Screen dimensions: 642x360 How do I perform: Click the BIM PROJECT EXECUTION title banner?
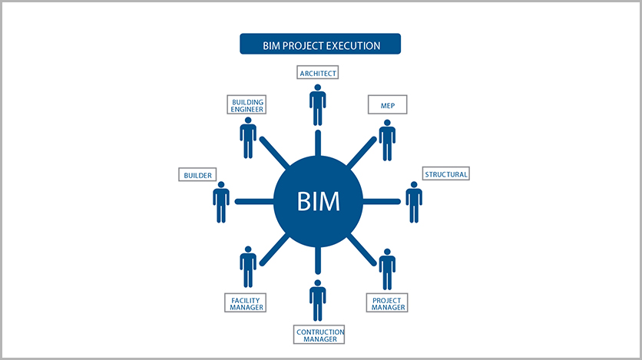click(x=320, y=44)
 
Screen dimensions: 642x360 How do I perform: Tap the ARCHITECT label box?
click(x=318, y=72)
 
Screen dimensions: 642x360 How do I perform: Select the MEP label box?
click(x=387, y=104)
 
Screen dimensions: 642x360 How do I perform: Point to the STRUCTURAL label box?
click(x=446, y=173)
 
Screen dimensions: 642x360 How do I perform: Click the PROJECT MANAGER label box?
click(x=387, y=303)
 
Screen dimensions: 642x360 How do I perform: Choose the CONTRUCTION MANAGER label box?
click(x=319, y=335)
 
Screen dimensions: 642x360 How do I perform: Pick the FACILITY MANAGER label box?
click(x=245, y=303)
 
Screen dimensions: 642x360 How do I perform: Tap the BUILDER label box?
click(x=197, y=175)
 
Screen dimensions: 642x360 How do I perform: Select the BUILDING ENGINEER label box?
click(x=247, y=104)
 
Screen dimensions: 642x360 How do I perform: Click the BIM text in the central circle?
click(x=318, y=201)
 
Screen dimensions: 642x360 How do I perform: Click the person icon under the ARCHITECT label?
click(x=318, y=105)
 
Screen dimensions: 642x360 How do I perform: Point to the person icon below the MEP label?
click(x=387, y=140)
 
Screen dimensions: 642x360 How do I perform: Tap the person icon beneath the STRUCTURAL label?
click(x=414, y=202)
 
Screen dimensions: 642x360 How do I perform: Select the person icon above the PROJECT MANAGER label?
click(x=387, y=269)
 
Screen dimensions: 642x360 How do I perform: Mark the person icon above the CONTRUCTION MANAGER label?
click(x=318, y=301)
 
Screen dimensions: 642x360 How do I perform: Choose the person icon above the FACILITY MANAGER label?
click(x=248, y=266)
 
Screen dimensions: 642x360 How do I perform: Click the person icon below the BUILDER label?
click(x=221, y=202)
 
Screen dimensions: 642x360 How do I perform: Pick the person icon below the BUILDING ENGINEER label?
click(x=248, y=138)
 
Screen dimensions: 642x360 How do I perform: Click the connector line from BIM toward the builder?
click(x=254, y=202)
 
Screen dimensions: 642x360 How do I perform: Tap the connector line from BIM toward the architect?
click(x=318, y=144)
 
